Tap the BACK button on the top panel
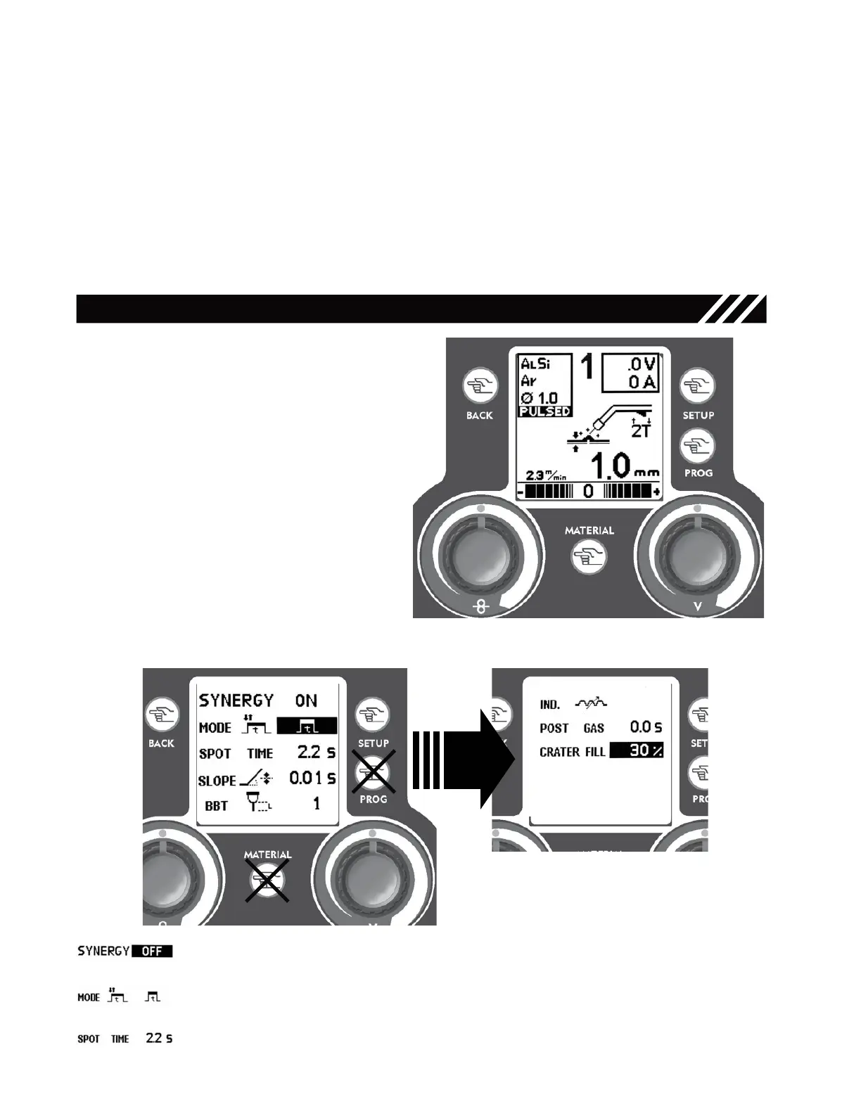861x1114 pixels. (x=480, y=386)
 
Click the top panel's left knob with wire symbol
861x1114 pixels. (x=480, y=556)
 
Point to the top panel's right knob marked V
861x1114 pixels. (x=697, y=556)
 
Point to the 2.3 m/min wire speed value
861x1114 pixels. (x=546, y=475)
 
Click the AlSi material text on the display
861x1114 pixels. (x=535, y=364)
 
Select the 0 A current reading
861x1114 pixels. (x=642, y=382)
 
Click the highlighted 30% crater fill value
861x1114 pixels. (x=636, y=750)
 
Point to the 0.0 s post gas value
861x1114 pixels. (x=645, y=727)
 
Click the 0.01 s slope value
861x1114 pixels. (x=312, y=778)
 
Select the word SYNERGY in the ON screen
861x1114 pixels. (x=236, y=700)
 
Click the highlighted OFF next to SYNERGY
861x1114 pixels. (x=152, y=952)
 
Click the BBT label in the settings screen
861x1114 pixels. (x=216, y=806)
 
